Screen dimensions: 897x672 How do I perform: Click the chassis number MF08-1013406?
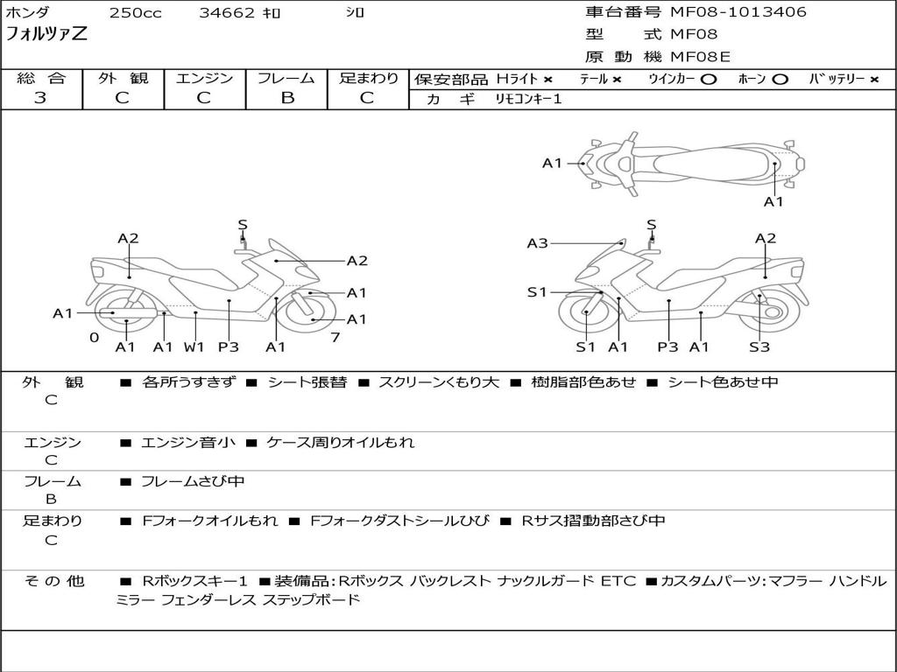[738, 12]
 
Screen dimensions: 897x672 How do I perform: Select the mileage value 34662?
[227, 13]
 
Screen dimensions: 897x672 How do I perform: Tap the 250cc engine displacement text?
[135, 13]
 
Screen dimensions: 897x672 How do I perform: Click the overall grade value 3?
[40, 98]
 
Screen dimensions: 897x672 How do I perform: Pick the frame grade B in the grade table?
[286, 98]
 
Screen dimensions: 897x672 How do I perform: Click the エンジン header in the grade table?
[205, 78]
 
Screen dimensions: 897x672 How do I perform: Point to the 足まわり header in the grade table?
[369, 78]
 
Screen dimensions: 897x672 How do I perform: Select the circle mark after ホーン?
[780, 79]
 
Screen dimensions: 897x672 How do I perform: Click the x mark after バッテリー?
[873, 79]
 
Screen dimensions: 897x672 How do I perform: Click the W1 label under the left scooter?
[194, 346]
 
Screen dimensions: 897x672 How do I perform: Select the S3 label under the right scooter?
[759, 346]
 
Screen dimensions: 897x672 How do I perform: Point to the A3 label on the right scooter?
[537, 243]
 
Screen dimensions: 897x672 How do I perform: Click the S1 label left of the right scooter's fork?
[537, 292]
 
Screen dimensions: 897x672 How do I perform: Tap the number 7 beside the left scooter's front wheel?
[335, 337]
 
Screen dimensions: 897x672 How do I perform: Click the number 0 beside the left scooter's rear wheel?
[94, 337]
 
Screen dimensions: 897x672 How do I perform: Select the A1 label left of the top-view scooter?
[552, 163]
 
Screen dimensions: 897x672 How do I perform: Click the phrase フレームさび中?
[193, 481]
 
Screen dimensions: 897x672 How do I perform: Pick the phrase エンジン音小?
[188, 443]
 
